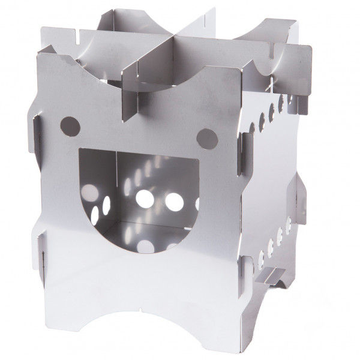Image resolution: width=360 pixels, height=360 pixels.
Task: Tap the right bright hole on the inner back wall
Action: click(x=175, y=200)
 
